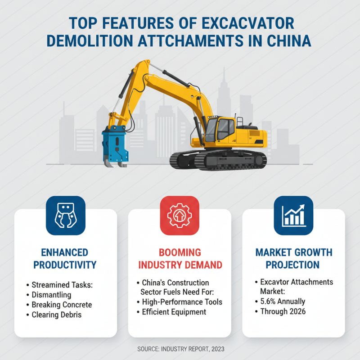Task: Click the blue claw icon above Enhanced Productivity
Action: click(x=66, y=216)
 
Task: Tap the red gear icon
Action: click(x=180, y=216)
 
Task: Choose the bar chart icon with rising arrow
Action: click(x=293, y=216)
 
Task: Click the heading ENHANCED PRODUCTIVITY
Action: click(x=66, y=258)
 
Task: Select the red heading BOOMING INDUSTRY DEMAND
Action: click(x=180, y=258)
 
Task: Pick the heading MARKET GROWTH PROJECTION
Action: click(x=293, y=258)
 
